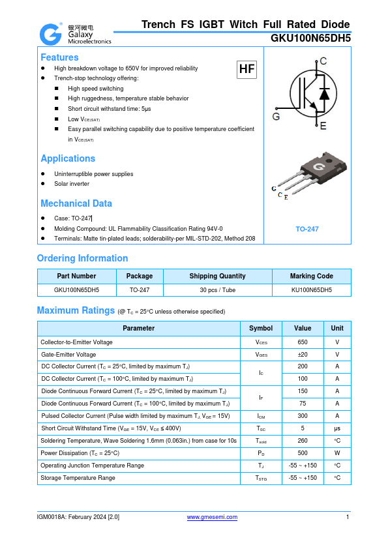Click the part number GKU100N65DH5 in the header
pyautogui.click(x=310, y=38)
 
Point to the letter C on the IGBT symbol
pyautogui.click(x=323, y=61)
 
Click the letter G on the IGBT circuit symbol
pyautogui.click(x=276, y=117)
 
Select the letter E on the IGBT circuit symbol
pyautogui.click(x=323, y=126)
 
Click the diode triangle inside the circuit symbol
pyautogui.click(x=324, y=93)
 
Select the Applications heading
pyautogui.click(x=68, y=158)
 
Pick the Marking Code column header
pyautogui.click(x=311, y=276)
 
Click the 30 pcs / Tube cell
pyautogui.click(x=217, y=290)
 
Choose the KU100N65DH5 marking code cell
pyautogui.click(x=311, y=290)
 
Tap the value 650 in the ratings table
pyautogui.click(x=303, y=342)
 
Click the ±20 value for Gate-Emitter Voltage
pyautogui.click(x=303, y=355)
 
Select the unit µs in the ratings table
pyautogui.click(x=337, y=428)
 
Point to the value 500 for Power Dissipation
pyautogui.click(x=303, y=453)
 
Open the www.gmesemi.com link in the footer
pyautogui.click(x=212, y=517)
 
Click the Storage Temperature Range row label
pyautogui.click(x=78, y=478)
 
